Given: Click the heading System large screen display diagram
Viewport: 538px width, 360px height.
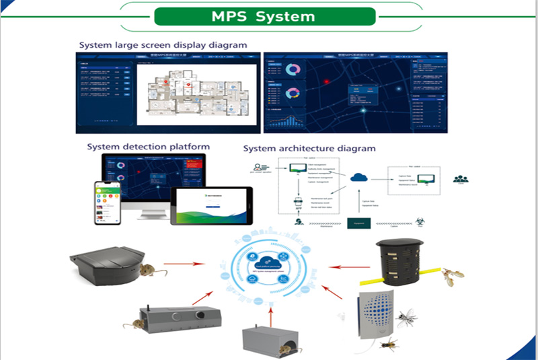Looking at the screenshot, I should pos(163,45).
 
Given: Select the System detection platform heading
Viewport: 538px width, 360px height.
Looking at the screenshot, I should pos(148,146).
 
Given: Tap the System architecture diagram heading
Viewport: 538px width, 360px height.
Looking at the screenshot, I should pos(309,147).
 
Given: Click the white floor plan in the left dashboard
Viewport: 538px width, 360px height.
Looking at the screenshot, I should pos(198,94).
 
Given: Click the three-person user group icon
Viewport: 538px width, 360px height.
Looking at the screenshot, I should pos(461,179).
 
